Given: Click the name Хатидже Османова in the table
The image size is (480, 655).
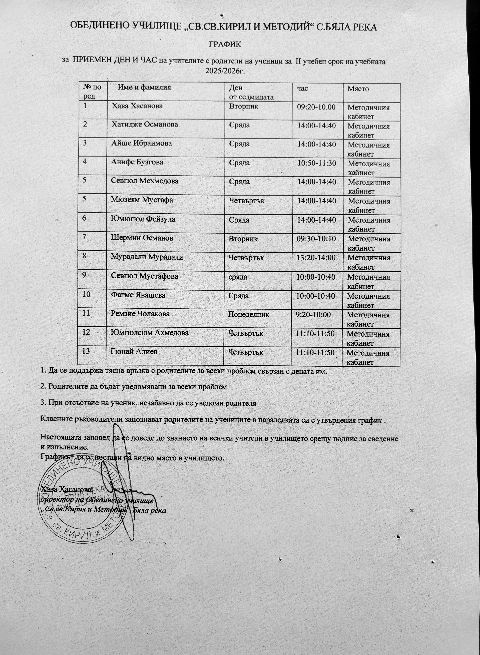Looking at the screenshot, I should coord(145,124).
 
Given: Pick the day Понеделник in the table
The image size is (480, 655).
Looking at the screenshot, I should coord(248,314).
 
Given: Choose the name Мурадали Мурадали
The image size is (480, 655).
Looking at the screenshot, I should coord(147,257).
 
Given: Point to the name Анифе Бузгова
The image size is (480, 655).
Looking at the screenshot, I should coord(137,162).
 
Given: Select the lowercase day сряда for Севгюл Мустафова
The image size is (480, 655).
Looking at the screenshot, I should coord(238,277).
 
